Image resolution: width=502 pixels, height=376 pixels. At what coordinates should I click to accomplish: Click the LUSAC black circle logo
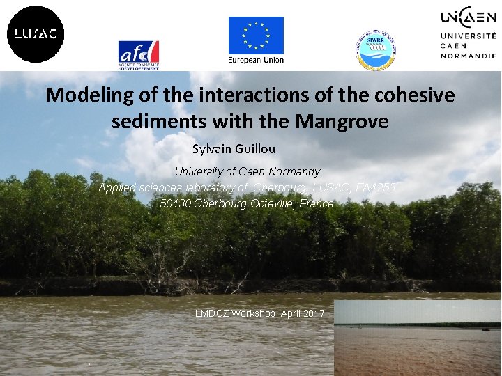coord(36,34)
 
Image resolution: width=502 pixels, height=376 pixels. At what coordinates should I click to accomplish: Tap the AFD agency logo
coord(139,54)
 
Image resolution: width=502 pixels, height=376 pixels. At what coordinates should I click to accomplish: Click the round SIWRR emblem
coord(376,49)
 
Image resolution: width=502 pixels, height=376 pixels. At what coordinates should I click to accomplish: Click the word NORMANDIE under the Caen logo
coord(467,55)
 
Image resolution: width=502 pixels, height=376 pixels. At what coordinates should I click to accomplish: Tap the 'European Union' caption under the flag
coord(256,60)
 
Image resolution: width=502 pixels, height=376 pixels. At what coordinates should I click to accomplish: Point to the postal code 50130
coord(175,204)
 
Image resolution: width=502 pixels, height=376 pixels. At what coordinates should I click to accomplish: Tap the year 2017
coord(312,314)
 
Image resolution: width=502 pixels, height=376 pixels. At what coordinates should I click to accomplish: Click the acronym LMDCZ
coord(210,314)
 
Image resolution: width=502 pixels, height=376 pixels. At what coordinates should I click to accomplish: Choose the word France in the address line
coord(317,204)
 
